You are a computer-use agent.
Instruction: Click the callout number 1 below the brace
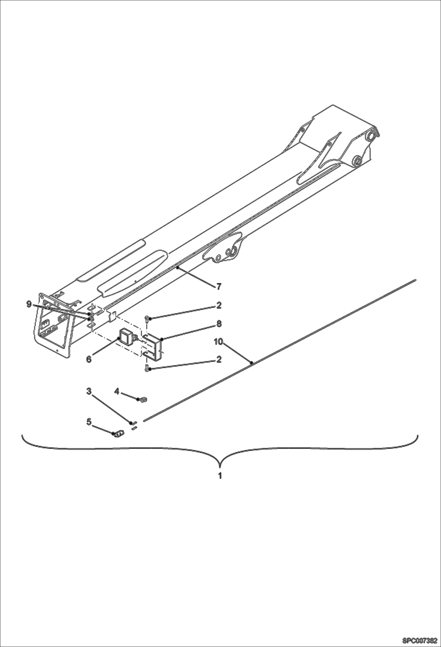tap(220, 476)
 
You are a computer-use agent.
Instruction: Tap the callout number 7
tap(218, 286)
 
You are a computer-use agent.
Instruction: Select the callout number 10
tap(219, 342)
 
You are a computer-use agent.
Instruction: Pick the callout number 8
tap(218, 324)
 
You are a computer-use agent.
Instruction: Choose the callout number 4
tap(117, 391)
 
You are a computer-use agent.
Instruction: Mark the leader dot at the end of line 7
tap(178, 268)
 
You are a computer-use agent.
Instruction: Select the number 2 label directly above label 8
tap(218, 305)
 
